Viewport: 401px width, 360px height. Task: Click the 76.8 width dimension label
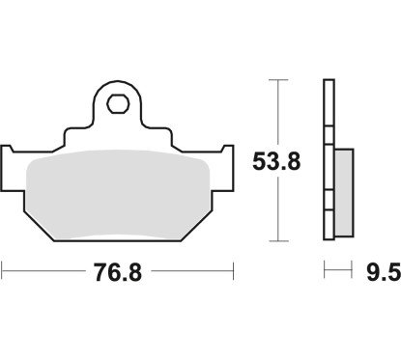pyautogui.click(x=118, y=273)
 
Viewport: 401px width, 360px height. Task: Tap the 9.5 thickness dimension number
pyautogui.click(x=382, y=273)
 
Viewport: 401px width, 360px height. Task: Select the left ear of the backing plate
pyautogui.click(x=13, y=160)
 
